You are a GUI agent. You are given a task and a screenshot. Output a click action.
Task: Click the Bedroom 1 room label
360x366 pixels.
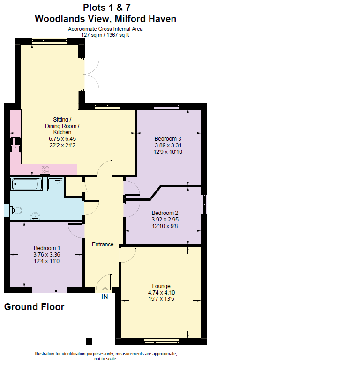pos(46,248)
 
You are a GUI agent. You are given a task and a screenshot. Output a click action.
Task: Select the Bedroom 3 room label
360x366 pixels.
pos(168,138)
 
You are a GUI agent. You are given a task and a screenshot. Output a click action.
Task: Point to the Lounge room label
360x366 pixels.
pos(161,286)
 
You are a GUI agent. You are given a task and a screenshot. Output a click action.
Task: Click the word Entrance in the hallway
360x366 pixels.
pos(103,244)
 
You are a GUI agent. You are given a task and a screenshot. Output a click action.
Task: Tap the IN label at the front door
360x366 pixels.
pos(105,297)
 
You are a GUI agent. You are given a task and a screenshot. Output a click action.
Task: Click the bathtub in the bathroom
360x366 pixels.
pos(27,184)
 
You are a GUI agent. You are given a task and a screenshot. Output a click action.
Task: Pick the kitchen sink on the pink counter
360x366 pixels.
pos(15,145)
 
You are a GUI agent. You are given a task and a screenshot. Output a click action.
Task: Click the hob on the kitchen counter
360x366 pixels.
pos(45,169)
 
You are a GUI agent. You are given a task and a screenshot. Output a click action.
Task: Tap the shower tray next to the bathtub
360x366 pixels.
pos(56,184)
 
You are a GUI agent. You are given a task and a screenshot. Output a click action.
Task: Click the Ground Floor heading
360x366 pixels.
pos(34,307)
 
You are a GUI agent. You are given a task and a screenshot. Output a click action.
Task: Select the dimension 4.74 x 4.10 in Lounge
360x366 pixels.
pos(161,292)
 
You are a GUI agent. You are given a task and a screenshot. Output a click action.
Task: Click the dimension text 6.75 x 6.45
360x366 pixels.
pos(62,139)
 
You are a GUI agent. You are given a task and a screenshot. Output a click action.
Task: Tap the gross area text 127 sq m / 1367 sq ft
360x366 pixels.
pos(105,34)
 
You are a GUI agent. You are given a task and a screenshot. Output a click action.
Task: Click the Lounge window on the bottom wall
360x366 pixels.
pos(161,340)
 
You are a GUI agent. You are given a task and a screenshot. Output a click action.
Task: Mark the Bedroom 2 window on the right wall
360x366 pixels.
pos(204,204)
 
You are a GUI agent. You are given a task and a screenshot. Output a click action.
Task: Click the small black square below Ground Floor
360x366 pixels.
pos(89,341)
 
